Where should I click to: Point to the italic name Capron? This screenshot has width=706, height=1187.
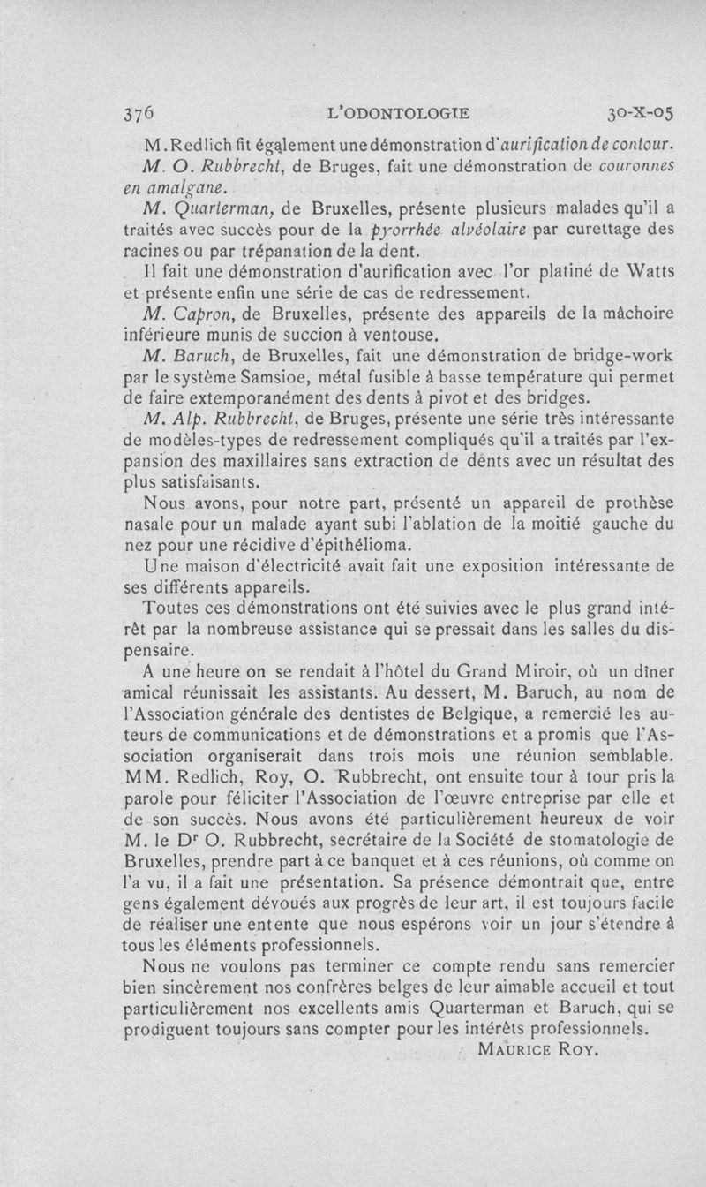194,315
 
